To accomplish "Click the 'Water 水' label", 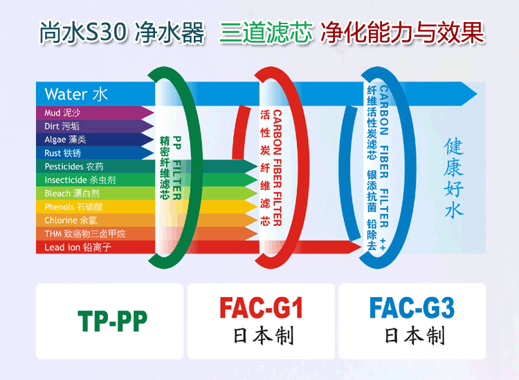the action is coord(76,94).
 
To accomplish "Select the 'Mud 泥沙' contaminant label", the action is coord(62,113).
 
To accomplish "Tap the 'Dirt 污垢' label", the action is coord(62,126).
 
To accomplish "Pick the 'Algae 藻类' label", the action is coord(65,140).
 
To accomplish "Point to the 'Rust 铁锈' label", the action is coord(62,153).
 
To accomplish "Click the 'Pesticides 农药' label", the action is coord(74,167).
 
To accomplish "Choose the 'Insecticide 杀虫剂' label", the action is coord(80,180).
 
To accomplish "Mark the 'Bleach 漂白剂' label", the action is coord(72,193).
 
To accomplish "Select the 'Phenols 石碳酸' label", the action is coord(73,207).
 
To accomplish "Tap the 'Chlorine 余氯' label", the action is coord(71,220).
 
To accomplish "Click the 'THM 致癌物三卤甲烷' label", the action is coord(84,234).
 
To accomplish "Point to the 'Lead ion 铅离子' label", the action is coord(78,247).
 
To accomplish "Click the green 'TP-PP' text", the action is coord(113,321).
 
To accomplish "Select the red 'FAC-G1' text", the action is coord(261,307).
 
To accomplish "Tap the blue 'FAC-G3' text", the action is coord(412,307).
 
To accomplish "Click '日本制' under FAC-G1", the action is coord(264,336).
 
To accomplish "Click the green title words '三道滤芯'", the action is coord(266,32).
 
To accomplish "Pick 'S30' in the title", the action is coord(106,32).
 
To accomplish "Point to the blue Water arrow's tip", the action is coord(477,94).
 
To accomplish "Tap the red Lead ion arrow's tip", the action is coord(361,247).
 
